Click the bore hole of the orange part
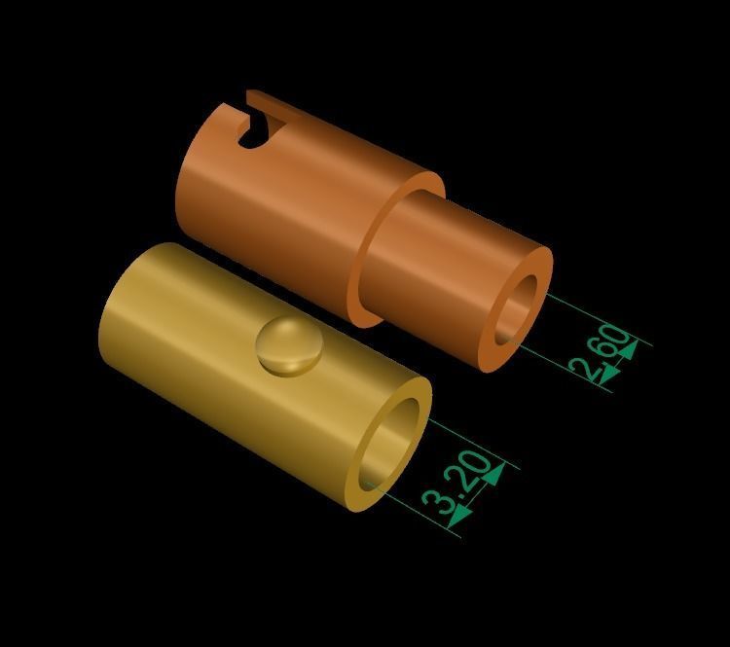[x=517, y=308]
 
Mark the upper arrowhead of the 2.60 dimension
[x=627, y=347]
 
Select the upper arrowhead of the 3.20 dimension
[x=493, y=474]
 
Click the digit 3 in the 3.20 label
[x=440, y=504]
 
